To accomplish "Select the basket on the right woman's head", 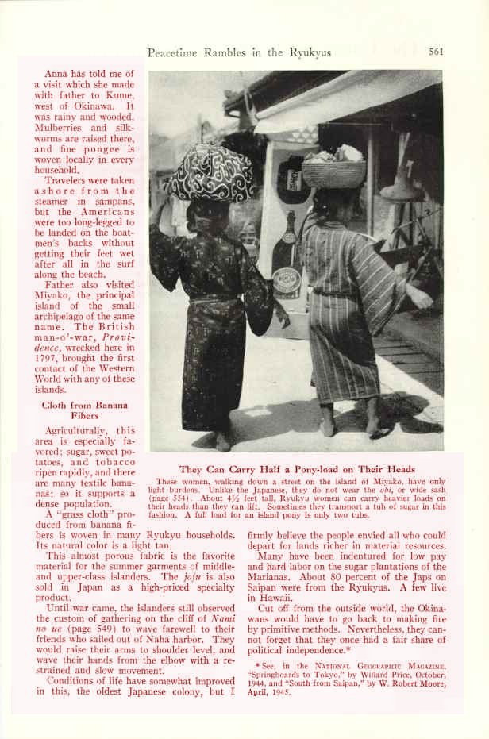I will [x=334, y=170].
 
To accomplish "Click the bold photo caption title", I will [x=297, y=469].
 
